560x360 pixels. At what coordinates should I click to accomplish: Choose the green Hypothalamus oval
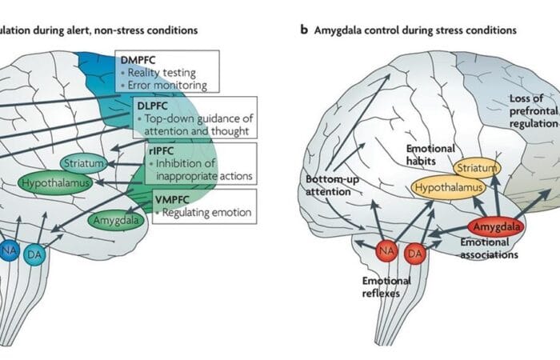pos(55,183)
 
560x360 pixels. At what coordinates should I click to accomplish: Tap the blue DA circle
pos(35,254)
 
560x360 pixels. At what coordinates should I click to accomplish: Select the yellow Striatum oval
pos(477,168)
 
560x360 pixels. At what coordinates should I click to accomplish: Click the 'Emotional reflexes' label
pos(387,286)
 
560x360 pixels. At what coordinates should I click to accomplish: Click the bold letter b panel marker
pos(304,29)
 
